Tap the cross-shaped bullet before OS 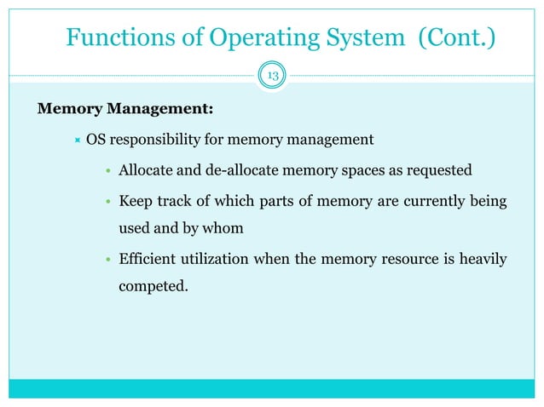coord(76,140)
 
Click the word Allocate coord(146,171)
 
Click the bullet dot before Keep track coord(108,203)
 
